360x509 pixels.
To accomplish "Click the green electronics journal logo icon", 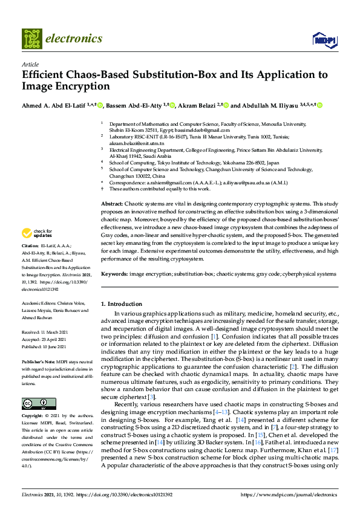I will coord(31,39).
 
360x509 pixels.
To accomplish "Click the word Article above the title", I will coord(30,64).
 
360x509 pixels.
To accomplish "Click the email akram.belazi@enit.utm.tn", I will coord(136,144).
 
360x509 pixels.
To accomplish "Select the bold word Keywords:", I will coord(114,274).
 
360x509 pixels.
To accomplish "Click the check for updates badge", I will coord(38,233).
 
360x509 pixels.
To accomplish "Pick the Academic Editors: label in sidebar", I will coord(39,303).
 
